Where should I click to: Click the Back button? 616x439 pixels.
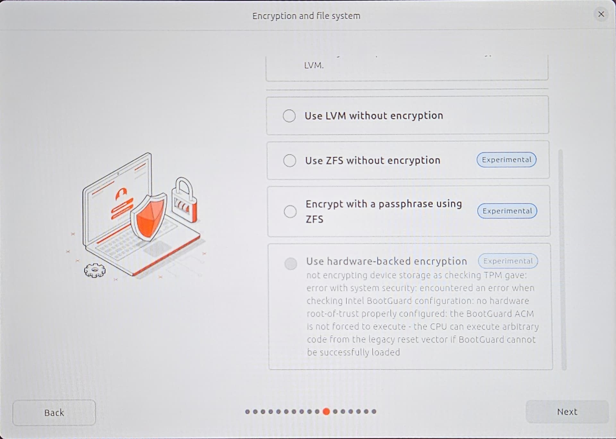coord(54,412)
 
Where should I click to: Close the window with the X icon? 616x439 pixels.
coord(601,14)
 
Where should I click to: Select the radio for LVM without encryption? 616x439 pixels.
coord(289,116)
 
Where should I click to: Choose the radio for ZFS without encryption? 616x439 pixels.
coord(290,160)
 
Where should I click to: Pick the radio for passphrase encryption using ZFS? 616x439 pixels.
coord(290,211)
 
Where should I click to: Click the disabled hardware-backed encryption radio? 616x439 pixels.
coord(291,264)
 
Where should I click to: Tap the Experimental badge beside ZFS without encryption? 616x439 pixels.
coord(507,160)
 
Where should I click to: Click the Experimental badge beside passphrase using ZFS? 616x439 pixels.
coord(507,211)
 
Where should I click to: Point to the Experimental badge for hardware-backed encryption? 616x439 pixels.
coord(508,261)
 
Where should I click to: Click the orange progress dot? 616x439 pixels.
coord(326,411)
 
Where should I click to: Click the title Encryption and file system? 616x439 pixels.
coord(306,16)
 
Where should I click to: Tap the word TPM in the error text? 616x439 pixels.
coord(493,275)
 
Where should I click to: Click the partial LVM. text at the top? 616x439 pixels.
coord(314,65)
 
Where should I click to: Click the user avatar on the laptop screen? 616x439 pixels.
coord(121,193)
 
